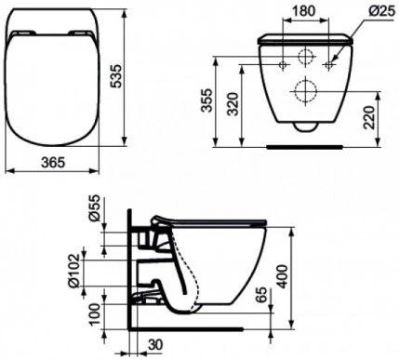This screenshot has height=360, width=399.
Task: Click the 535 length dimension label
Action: tap(117, 76)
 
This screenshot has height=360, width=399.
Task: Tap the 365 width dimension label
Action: tap(53, 162)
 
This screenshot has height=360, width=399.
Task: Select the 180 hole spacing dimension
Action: tap(304, 11)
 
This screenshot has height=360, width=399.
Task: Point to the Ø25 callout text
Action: tap(382, 11)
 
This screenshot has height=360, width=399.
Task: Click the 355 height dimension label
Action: tap(206, 100)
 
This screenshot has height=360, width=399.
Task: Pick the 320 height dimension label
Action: tap(233, 104)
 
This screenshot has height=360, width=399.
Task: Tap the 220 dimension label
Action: tap(369, 117)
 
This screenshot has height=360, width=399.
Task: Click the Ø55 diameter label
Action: tap(94, 207)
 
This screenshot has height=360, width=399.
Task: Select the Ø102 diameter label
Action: tap(74, 271)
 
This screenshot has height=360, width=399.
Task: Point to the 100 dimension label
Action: tap(96, 313)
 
